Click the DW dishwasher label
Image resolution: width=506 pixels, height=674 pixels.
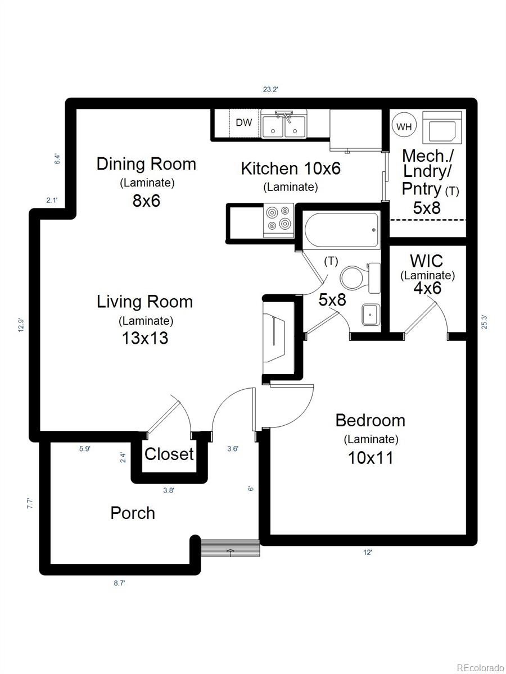click(x=243, y=122)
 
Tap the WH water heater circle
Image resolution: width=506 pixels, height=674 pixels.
click(x=404, y=126)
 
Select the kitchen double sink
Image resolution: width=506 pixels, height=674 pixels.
click(x=283, y=125)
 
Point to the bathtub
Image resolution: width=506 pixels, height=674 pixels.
click(x=342, y=230)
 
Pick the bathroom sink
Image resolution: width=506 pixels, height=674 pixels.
click(x=369, y=314)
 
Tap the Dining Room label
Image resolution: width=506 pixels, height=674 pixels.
click(x=146, y=164)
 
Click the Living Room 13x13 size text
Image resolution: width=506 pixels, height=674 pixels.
click(x=145, y=338)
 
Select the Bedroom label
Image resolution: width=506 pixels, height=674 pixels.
click(x=370, y=420)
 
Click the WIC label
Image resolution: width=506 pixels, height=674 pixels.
click(x=426, y=261)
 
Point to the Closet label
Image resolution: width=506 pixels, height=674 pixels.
click(x=169, y=454)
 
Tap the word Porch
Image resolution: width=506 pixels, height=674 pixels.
click(x=133, y=513)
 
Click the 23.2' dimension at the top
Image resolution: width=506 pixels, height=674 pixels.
click(x=270, y=89)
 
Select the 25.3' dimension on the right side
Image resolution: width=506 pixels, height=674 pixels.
click(x=484, y=322)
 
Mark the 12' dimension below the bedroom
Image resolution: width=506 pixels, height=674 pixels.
click(x=367, y=553)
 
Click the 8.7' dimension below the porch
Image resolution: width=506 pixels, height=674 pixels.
click(x=119, y=584)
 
